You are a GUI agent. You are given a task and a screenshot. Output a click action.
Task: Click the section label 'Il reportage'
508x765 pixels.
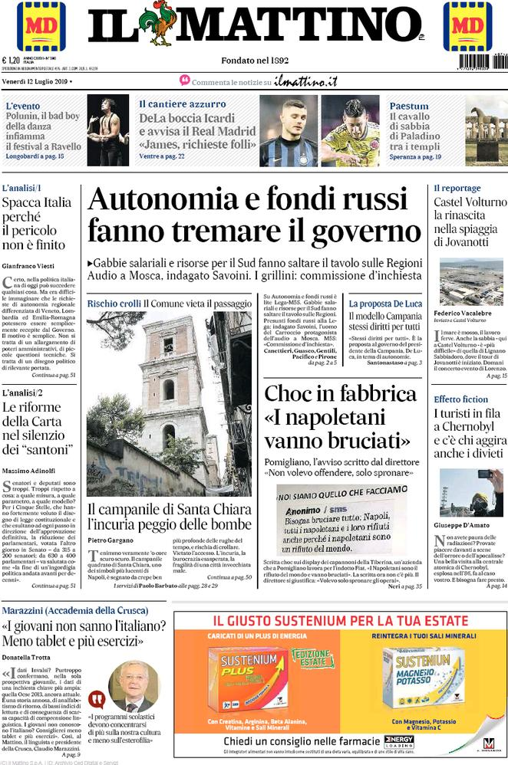coord(457,188)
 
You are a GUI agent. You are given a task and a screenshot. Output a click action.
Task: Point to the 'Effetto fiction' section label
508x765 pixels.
coord(460,399)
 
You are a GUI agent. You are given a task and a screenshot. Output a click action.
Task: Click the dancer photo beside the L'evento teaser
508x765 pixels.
coord(107,130)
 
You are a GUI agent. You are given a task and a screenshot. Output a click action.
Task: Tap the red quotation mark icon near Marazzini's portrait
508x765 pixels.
coord(97,699)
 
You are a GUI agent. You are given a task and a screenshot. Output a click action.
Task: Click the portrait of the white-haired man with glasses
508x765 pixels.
coord(130,686)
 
